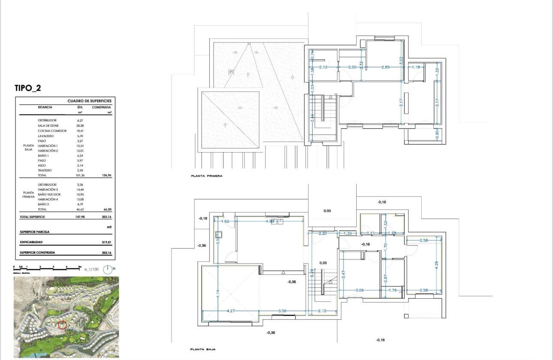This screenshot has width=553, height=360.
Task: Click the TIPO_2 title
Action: point(28,88)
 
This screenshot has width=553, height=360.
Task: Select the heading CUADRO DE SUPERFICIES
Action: point(89,101)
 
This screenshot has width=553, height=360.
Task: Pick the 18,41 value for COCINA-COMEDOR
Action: point(80,131)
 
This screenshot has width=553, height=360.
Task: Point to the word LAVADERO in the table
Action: point(46,136)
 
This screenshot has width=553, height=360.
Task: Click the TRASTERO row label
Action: point(45,171)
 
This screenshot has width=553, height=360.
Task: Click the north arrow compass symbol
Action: point(109,270)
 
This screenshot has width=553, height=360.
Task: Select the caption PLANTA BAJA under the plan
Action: point(203,350)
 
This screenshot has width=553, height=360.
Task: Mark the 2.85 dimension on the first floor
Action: point(385,67)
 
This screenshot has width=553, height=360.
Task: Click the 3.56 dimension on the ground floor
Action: point(283,311)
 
